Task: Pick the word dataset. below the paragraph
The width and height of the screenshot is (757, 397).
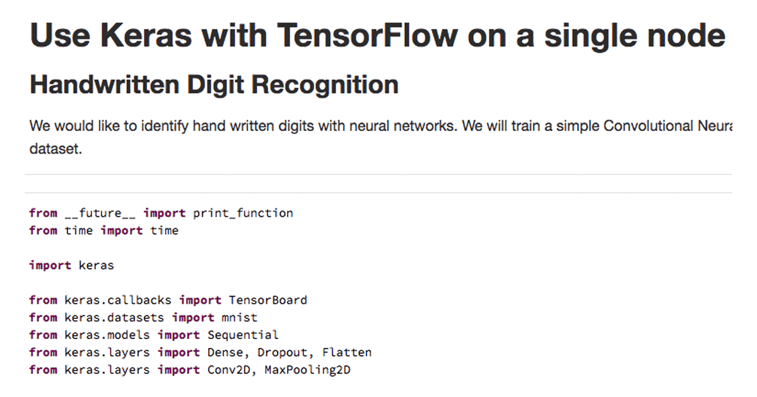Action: tap(56, 151)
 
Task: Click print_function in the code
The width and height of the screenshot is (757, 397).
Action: tap(243, 213)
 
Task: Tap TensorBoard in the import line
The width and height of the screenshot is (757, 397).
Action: tap(267, 300)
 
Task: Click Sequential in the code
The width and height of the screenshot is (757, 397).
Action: tap(243, 335)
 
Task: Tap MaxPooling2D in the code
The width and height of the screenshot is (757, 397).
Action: tap(307, 370)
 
